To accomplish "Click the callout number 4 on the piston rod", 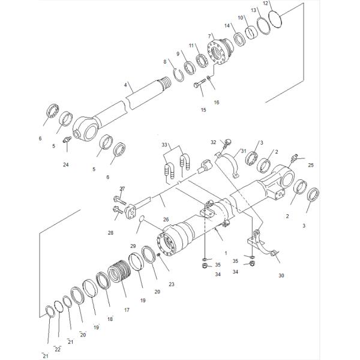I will click(x=125, y=85).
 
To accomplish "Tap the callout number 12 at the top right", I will click(x=266, y=4).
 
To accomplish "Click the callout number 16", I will click(x=217, y=102).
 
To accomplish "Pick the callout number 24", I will click(x=65, y=164).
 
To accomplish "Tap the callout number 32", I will click(x=213, y=142).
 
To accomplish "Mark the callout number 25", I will click(x=310, y=164).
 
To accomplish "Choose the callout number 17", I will click(x=126, y=310).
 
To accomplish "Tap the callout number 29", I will click(x=133, y=247).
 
